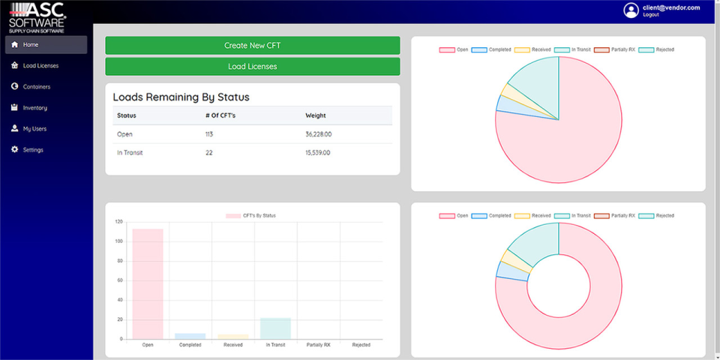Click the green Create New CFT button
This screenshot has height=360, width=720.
pyautogui.click(x=252, y=46)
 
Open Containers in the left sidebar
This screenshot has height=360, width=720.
pyautogui.click(x=36, y=87)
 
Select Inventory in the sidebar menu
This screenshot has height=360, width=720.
pyautogui.click(x=34, y=108)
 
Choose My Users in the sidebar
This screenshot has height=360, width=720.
pyautogui.click(x=34, y=129)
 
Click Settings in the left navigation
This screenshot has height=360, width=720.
pyautogui.click(x=32, y=150)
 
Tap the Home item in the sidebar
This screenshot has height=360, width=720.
pyautogui.click(x=30, y=45)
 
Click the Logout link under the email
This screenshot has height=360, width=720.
pyautogui.click(x=651, y=15)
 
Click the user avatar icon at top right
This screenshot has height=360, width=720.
pyautogui.click(x=631, y=10)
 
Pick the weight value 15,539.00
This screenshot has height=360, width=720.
pyautogui.click(x=318, y=153)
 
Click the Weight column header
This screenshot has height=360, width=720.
pyautogui.click(x=316, y=115)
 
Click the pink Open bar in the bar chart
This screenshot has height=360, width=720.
pyautogui.click(x=148, y=284)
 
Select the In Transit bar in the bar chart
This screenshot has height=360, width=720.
pyautogui.click(x=275, y=328)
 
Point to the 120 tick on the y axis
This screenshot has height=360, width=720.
pyautogui.click(x=118, y=222)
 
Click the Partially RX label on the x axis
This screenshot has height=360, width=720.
pyautogui.click(x=318, y=346)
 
